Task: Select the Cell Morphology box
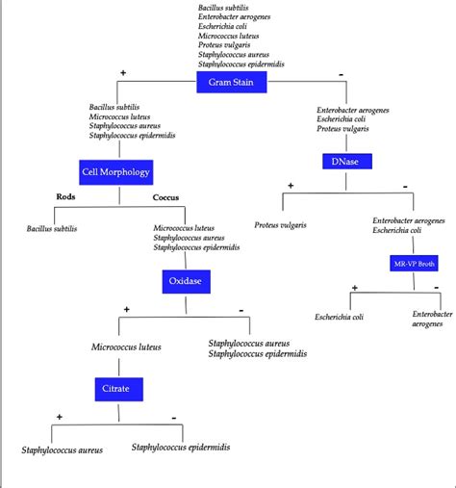coord(115,172)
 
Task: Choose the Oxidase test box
coord(186,281)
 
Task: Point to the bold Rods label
coord(65,197)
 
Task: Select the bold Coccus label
coord(166,198)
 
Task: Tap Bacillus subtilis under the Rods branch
coord(52,229)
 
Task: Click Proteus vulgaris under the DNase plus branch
coord(280,225)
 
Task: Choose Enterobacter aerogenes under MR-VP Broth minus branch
coord(432,320)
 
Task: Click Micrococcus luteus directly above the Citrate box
coord(126,347)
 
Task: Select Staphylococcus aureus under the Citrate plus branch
coord(62,449)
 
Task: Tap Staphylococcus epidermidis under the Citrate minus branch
coord(181,448)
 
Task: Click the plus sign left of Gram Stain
coord(123,73)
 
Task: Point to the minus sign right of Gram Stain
coord(341,73)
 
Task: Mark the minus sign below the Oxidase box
coord(241,309)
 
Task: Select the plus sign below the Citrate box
coord(60,417)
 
